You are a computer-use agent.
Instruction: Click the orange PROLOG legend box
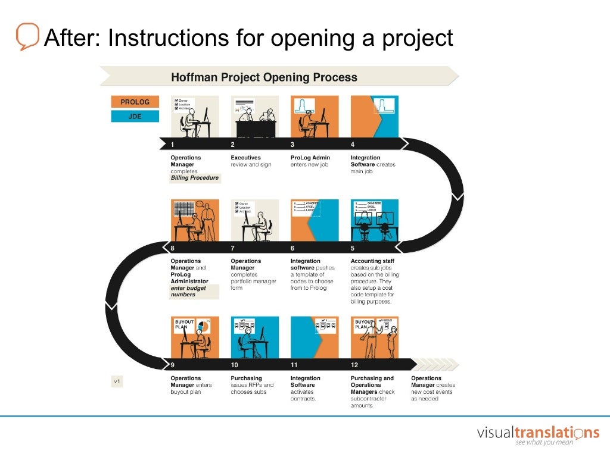pos(135,102)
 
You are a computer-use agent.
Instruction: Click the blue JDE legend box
pos(135,117)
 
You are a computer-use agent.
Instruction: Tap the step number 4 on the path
pos(353,145)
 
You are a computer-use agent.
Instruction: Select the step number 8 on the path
pos(173,248)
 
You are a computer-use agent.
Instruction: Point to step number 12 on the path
pos(354,364)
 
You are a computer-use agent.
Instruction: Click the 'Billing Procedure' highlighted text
pos(195,178)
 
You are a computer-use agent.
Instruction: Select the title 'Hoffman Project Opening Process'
pos(264,77)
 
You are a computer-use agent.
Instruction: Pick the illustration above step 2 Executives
pos(255,117)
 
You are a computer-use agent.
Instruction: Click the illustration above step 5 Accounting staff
pos(375,220)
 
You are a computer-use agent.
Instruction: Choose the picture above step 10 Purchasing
pos(255,337)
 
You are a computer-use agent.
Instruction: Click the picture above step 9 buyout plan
pos(195,337)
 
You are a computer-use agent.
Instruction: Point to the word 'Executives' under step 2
pos(246,158)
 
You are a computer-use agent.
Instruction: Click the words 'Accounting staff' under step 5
pos(372,261)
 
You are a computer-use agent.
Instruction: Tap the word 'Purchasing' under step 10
pos(246,378)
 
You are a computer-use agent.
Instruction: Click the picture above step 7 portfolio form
pos(255,220)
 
